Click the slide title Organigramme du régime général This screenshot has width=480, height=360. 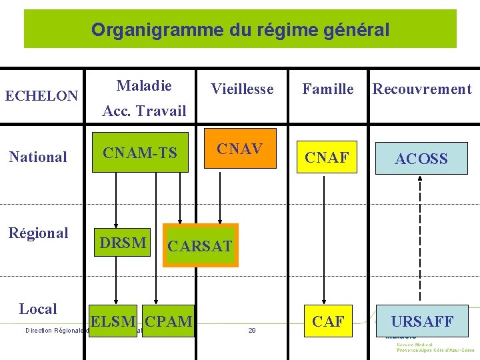[240, 29]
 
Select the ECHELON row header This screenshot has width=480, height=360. [41, 96]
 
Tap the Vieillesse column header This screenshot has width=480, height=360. [242, 89]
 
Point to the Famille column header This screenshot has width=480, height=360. [328, 89]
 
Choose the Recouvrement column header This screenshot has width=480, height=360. [422, 89]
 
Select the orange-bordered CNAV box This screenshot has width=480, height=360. [239, 149]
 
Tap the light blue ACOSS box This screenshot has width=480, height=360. [421, 159]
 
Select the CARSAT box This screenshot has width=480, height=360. [200, 245]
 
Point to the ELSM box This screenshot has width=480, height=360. [114, 321]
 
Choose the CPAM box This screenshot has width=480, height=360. [168, 321]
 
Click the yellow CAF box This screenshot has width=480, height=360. [328, 321]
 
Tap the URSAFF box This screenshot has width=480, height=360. [422, 321]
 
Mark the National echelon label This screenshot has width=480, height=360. [38, 157]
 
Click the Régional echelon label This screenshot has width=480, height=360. [38, 233]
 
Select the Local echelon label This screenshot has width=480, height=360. [38, 309]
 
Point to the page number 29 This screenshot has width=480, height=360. [252, 330]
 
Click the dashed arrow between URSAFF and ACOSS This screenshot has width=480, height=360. [420, 240]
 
